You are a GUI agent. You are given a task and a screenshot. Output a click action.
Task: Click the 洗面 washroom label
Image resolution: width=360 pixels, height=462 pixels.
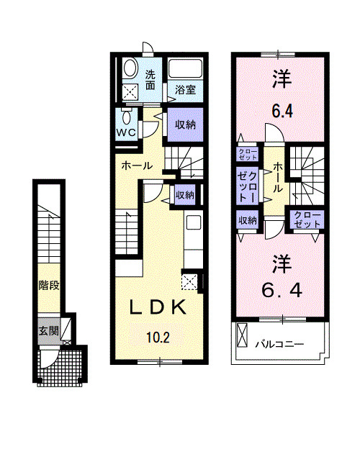click(x=150, y=79)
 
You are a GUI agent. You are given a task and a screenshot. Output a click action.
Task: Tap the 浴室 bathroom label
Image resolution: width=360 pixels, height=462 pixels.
click(x=185, y=90)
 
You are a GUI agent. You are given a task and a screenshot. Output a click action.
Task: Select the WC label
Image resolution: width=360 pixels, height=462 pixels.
click(x=127, y=133)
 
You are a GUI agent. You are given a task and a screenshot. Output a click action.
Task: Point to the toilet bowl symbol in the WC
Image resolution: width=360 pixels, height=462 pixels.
click(x=127, y=117)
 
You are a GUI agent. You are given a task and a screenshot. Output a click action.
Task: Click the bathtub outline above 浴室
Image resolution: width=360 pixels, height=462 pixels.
click(x=186, y=71)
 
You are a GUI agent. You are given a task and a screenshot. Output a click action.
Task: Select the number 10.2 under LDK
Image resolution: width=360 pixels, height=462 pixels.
click(x=158, y=336)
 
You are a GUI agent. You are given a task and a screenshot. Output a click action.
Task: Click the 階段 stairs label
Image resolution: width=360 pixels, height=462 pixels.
click(x=48, y=284)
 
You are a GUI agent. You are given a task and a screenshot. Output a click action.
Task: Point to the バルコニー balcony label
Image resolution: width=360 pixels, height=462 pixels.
click(x=279, y=345)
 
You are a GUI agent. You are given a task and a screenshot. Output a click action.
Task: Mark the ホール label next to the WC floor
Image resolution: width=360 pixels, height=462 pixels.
click(x=136, y=165)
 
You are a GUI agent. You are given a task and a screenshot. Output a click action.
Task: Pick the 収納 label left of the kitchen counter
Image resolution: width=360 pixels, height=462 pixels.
click(x=184, y=194)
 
